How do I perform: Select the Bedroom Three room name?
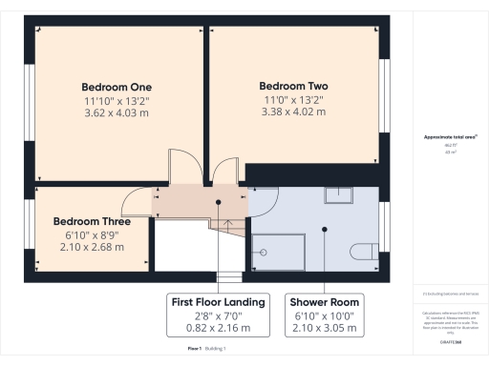click(x=92, y=221)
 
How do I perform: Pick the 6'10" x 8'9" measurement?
click(x=92, y=234)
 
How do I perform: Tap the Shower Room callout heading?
click(x=327, y=301)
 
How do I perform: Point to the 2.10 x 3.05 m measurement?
click(x=327, y=328)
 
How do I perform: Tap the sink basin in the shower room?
click(x=338, y=195)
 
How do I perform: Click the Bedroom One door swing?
click(x=181, y=165)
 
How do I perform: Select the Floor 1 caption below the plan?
click(x=193, y=351)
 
